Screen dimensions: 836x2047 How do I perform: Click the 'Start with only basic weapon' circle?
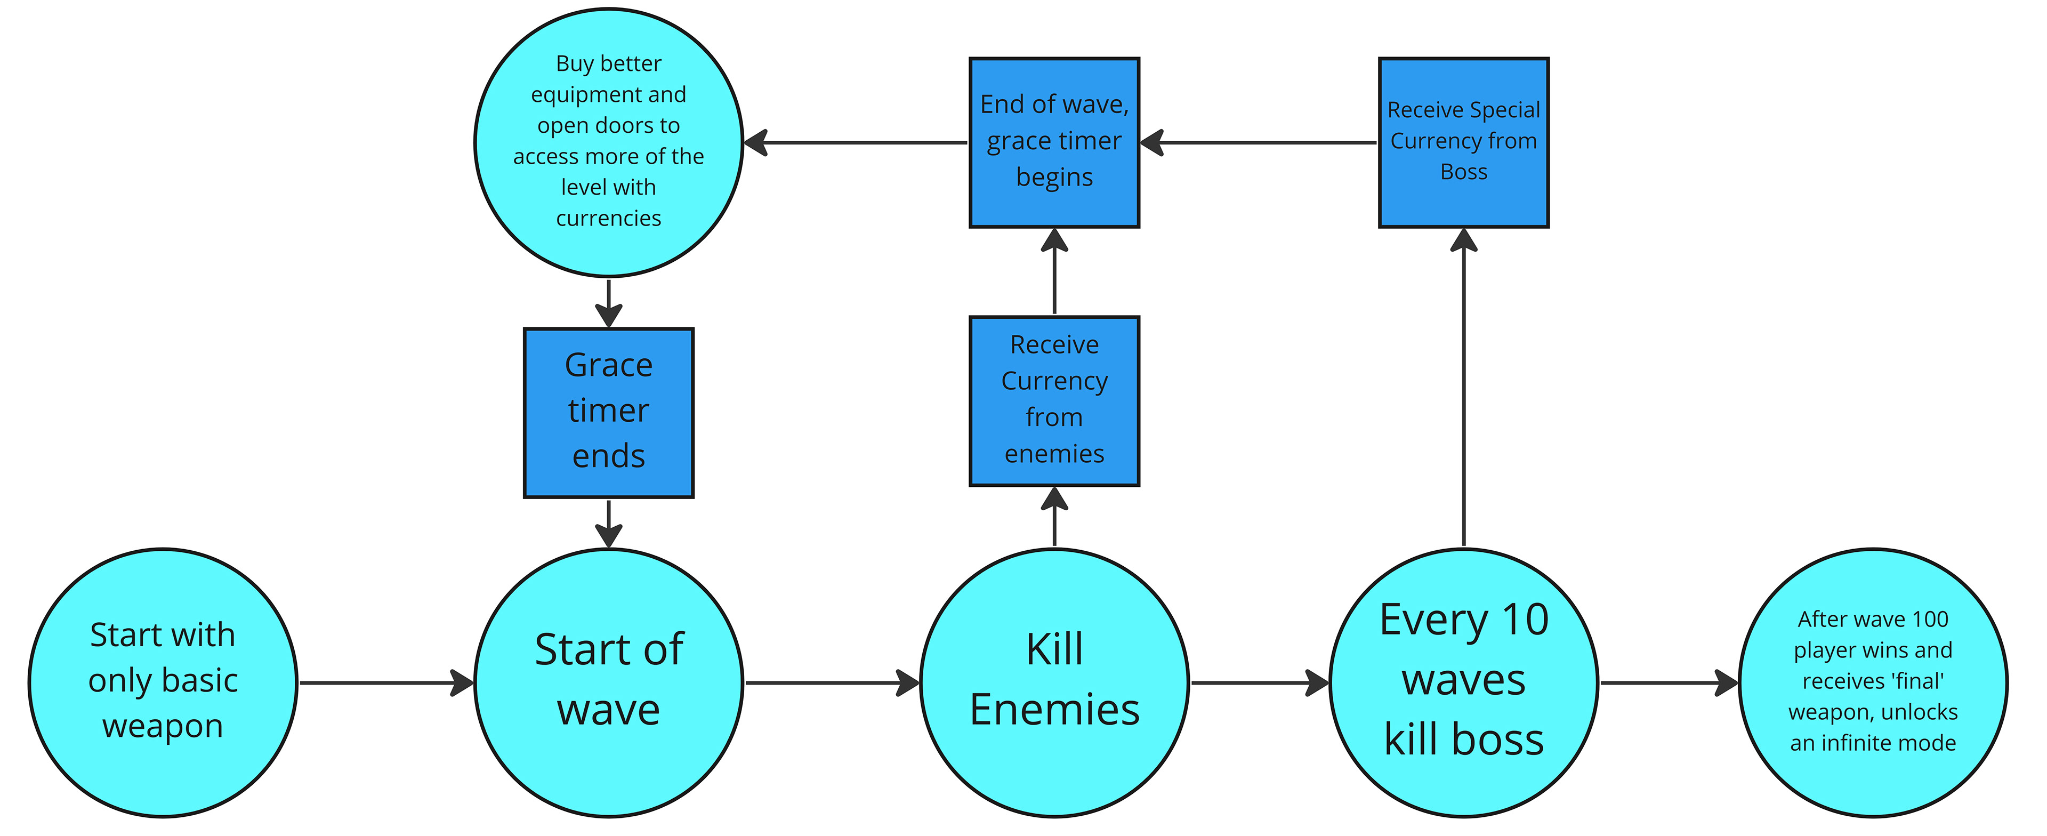pyautogui.click(x=163, y=682)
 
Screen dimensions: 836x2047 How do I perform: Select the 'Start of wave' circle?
pyautogui.click(x=609, y=682)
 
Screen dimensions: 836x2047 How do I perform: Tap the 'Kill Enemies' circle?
pyautogui.click(x=1054, y=682)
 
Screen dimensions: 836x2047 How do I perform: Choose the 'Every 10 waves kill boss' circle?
pyautogui.click(x=1464, y=682)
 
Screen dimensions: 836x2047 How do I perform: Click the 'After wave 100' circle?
pyautogui.click(x=1873, y=682)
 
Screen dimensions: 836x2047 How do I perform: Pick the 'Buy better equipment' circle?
pyautogui.click(x=609, y=142)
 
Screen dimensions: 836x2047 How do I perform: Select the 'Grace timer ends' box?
pyautogui.click(x=609, y=413)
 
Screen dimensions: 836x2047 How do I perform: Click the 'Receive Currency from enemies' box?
pyautogui.click(x=1054, y=400)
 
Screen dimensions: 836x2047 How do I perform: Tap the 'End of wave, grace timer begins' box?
pyautogui.click(x=1054, y=142)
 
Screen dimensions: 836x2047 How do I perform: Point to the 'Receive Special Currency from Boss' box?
pyautogui.click(x=1464, y=142)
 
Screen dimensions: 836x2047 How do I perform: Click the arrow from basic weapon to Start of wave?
pyautogui.click(x=385, y=682)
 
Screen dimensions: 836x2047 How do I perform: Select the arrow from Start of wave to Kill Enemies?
pyautogui.click(x=831, y=682)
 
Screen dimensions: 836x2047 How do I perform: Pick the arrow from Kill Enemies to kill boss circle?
pyautogui.click(x=1260, y=682)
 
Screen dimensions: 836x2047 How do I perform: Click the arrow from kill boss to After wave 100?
pyautogui.click(x=1669, y=682)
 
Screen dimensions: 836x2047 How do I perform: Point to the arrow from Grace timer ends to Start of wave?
pyautogui.click(x=609, y=523)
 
